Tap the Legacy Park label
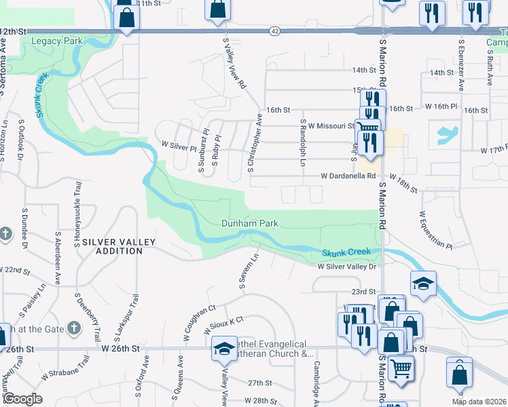click(57, 41)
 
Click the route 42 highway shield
click(273, 31)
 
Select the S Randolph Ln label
click(302, 142)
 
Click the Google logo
click(22, 399)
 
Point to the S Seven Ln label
click(249, 271)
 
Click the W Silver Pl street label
click(178, 145)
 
